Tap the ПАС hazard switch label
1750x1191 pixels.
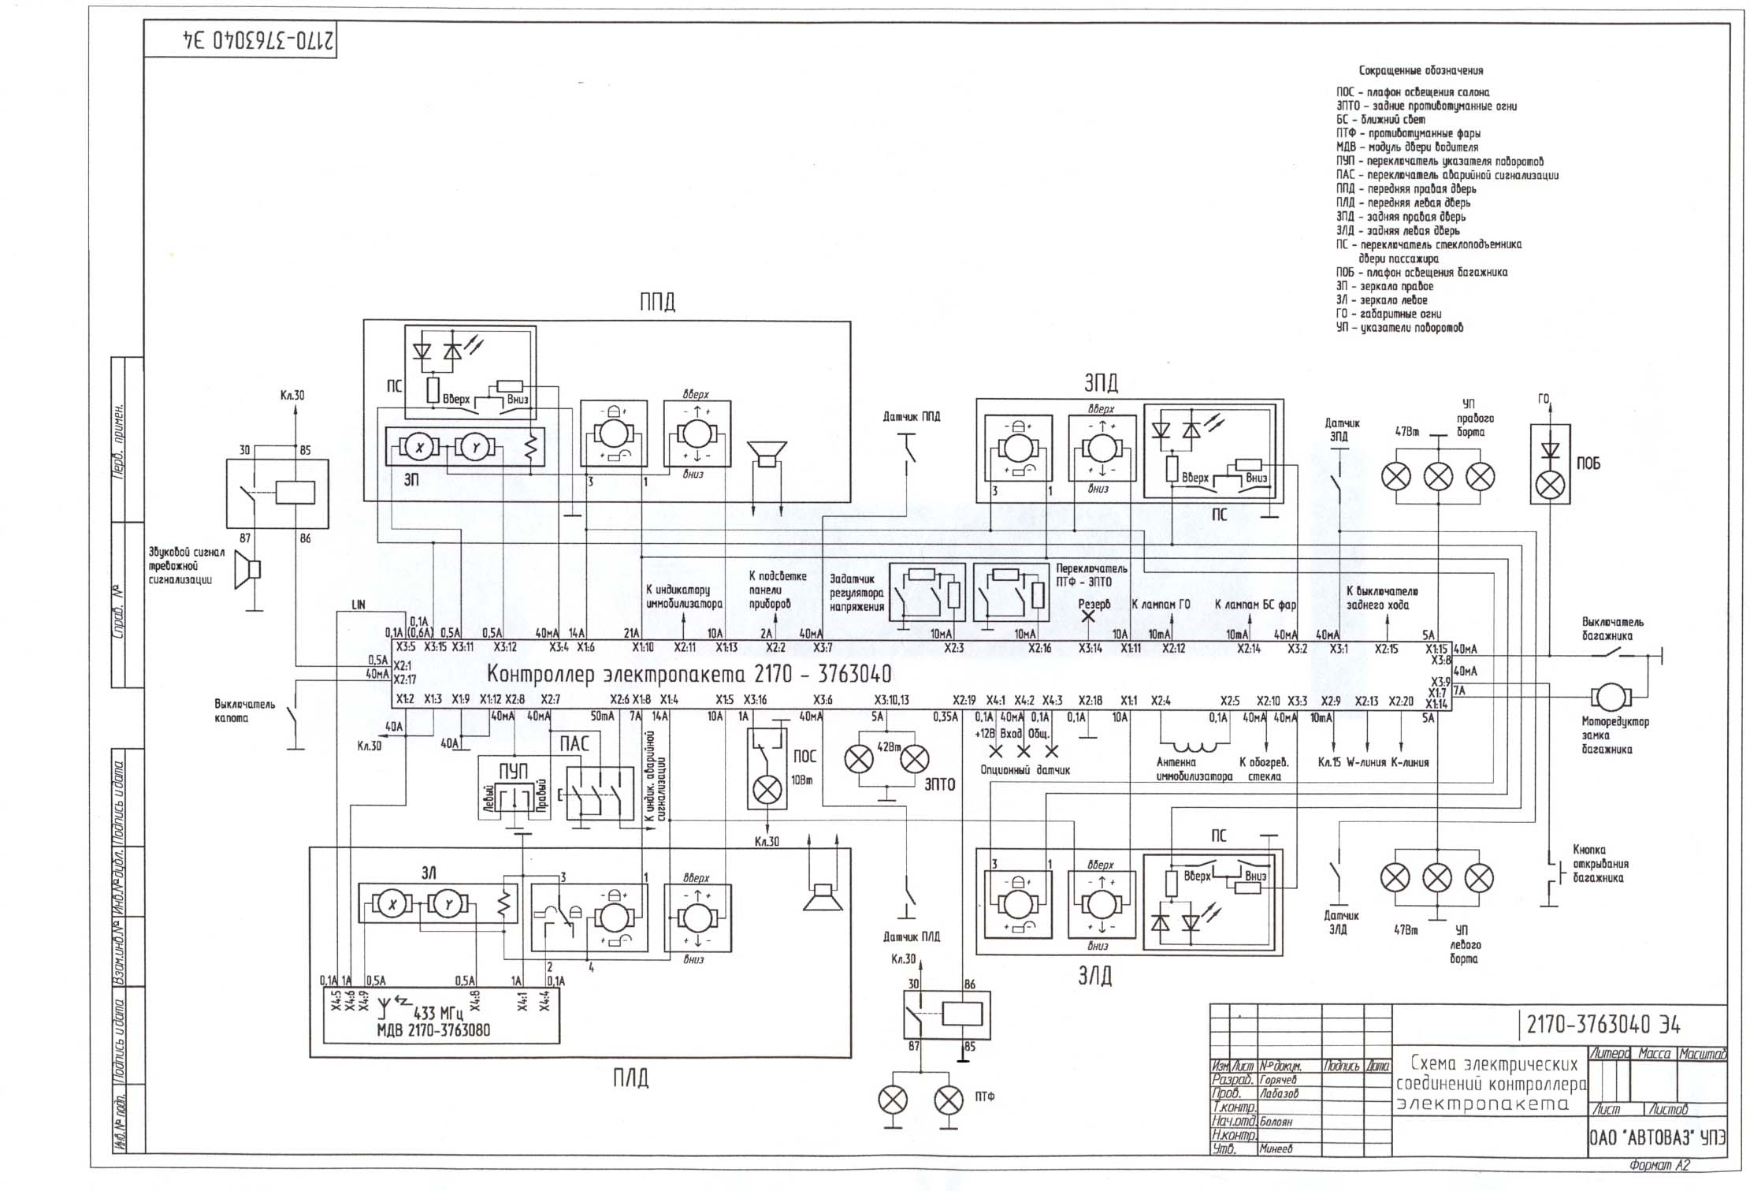pyautogui.click(x=574, y=745)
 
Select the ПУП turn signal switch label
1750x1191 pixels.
pyautogui.click(x=513, y=771)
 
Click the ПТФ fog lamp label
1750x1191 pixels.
pyautogui.click(x=984, y=1096)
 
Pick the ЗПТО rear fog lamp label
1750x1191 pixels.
pyautogui.click(x=938, y=784)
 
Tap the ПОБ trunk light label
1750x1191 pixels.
pyautogui.click(x=1588, y=463)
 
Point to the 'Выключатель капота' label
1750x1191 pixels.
pyautogui.click(x=244, y=711)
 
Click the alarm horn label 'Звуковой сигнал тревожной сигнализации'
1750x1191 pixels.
pyautogui.click(x=187, y=566)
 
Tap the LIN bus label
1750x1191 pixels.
pyautogui.click(x=359, y=605)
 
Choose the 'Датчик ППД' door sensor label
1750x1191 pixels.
pyautogui.click(x=911, y=416)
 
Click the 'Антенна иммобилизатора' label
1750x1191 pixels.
pyautogui.click(x=1194, y=769)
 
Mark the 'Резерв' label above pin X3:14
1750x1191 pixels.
pyautogui.click(x=1094, y=605)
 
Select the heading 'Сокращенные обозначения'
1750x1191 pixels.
pyautogui.click(x=1421, y=70)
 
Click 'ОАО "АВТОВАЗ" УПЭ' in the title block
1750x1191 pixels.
pyautogui.click(x=1656, y=1138)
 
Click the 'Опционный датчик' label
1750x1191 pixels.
pyautogui.click(x=1025, y=770)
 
